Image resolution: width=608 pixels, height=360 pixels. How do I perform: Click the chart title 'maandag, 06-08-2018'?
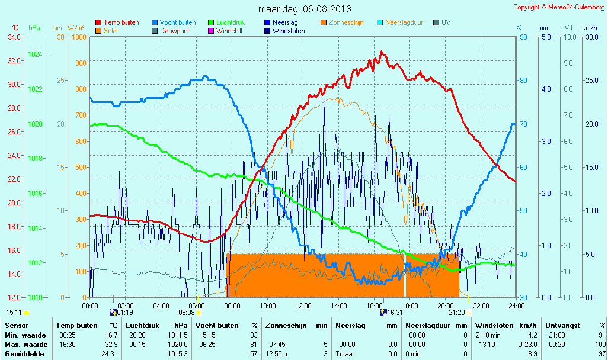tap(305, 9)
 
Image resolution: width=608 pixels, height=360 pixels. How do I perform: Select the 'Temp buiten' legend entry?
tap(121, 22)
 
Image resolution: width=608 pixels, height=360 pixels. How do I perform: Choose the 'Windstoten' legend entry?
tap(289, 31)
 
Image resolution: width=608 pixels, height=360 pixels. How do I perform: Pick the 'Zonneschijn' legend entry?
tap(345, 22)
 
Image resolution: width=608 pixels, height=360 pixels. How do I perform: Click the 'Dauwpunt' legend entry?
tap(174, 31)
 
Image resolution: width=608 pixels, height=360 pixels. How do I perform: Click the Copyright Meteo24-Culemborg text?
tap(559, 7)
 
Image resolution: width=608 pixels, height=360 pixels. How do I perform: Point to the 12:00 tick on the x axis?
tap(303, 306)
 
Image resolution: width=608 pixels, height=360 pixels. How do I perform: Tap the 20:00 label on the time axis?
tap(445, 306)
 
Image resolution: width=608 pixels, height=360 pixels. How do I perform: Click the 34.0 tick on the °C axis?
tap(15, 37)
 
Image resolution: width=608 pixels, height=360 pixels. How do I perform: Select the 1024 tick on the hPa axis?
tap(35, 54)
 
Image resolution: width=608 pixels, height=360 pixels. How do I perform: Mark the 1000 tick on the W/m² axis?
tap(79, 37)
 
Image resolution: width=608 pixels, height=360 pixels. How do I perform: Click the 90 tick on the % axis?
tap(523, 37)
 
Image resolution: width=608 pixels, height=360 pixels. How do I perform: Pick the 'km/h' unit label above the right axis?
tap(589, 28)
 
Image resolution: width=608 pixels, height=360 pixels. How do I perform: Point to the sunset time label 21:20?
tap(456, 313)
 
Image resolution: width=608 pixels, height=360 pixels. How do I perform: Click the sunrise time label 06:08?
tap(187, 313)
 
